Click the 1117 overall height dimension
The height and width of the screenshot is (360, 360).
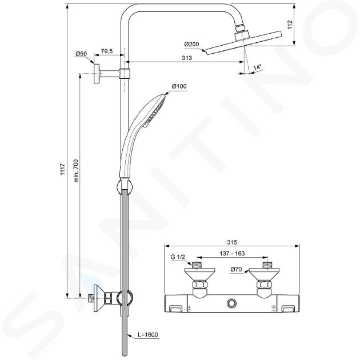coord(63,170)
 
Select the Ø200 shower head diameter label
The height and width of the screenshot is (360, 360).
coord(191,44)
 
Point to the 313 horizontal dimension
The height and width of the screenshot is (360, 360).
coord(187,58)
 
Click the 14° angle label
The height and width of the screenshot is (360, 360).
coord(258,67)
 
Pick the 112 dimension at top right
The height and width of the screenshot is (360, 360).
coord(290,25)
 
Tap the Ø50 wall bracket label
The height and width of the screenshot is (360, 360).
coord(81,54)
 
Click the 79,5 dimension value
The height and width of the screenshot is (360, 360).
coord(107,51)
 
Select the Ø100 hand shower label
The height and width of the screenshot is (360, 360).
coord(179,86)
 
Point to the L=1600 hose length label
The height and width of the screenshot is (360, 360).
coord(148,334)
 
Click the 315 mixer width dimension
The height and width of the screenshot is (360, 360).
coord(232,242)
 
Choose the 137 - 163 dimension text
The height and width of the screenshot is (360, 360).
coord(232,254)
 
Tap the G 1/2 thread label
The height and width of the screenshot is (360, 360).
coord(178,257)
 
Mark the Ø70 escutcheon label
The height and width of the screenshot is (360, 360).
coord(236,269)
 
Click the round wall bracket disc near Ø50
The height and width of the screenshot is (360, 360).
coord(97,74)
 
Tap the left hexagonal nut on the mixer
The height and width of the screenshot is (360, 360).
coord(199,285)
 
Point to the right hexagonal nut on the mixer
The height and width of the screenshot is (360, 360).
coord(263,285)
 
